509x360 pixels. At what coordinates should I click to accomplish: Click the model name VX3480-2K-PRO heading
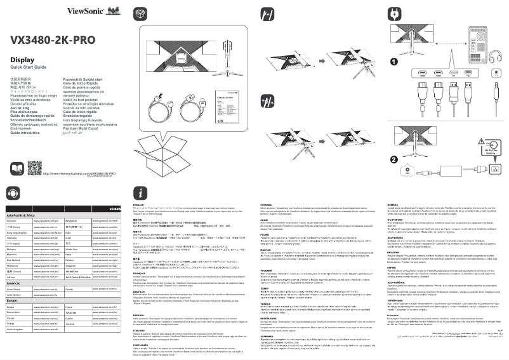52,40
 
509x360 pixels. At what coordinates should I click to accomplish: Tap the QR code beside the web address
34,168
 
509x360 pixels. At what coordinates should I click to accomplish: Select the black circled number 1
394,62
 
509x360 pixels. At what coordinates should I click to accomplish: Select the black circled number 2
394,158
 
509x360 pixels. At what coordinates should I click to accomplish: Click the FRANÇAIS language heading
143,273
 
